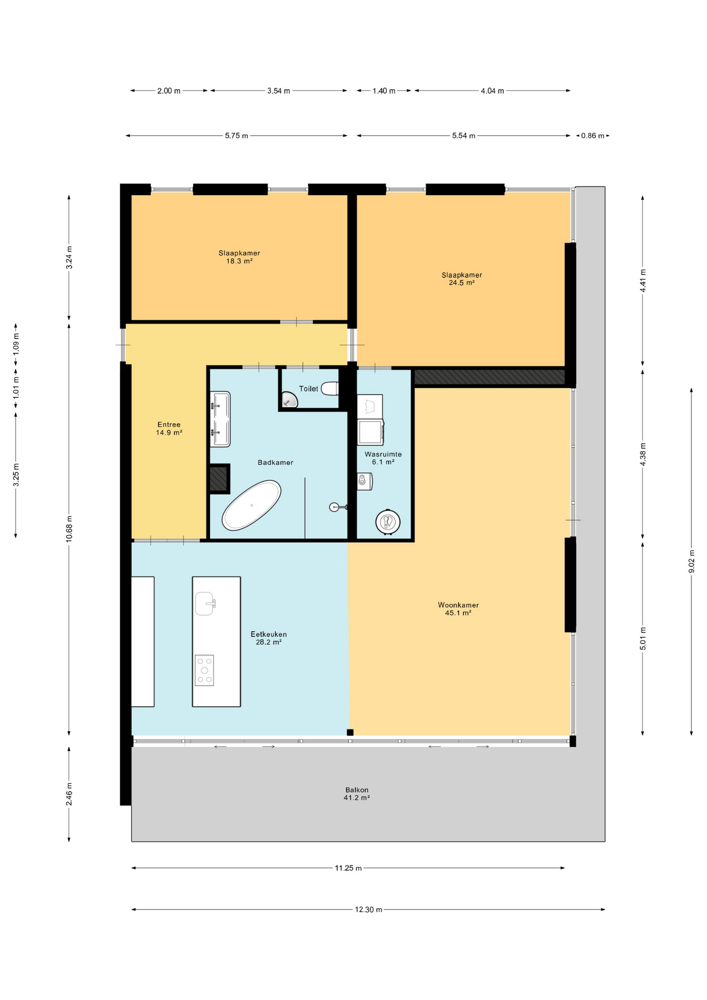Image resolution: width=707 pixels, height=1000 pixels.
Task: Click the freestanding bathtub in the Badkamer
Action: click(x=251, y=505)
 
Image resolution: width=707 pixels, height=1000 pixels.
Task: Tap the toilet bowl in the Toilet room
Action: click(x=330, y=389)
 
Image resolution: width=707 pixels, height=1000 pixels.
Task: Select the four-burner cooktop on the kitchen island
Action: click(x=204, y=670)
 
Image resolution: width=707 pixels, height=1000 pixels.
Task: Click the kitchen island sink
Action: click(x=205, y=604)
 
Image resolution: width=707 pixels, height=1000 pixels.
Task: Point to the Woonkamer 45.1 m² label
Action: click(x=458, y=609)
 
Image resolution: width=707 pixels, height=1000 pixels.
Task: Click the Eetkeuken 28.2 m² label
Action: click(x=269, y=638)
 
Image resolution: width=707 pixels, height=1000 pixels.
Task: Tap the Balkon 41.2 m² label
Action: click(x=357, y=794)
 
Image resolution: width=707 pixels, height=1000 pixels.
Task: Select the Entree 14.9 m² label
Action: click(x=169, y=429)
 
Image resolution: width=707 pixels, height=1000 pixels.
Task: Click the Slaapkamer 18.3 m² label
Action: click(x=239, y=257)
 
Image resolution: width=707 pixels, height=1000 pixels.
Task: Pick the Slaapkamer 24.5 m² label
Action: click(x=462, y=279)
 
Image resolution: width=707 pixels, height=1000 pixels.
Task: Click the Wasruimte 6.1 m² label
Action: click(x=383, y=458)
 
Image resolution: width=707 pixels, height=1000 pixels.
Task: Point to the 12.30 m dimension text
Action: click(x=369, y=910)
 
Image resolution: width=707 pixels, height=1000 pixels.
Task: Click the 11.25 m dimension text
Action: click(x=348, y=868)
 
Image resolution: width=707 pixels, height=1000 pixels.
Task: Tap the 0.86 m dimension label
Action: click(x=592, y=136)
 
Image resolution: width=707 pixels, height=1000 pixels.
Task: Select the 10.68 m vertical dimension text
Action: click(x=69, y=529)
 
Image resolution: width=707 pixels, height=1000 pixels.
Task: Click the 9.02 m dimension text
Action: click(x=691, y=561)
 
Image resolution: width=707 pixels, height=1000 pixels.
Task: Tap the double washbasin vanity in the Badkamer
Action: click(x=220, y=419)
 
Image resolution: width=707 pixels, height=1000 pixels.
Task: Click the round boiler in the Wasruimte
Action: click(x=388, y=521)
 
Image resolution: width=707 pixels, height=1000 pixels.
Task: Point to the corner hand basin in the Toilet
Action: click(x=289, y=400)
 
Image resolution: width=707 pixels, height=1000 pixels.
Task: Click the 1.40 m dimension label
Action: click(x=384, y=91)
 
